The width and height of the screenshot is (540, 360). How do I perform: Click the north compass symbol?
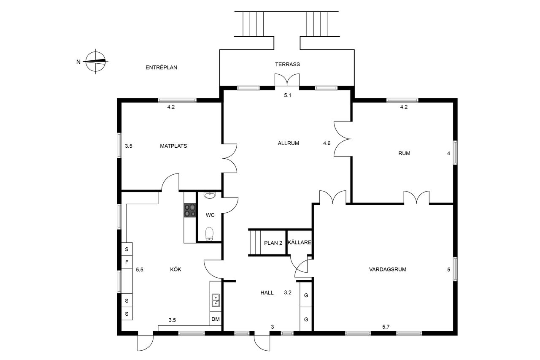pyautogui.click(x=96, y=62)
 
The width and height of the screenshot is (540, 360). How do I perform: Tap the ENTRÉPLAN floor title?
pyautogui.click(x=161, y=68)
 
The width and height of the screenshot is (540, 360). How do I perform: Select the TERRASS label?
pyautogui.click(x=288, y=65)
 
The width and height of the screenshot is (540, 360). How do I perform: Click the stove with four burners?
pyautogui.click(x=190, y=210)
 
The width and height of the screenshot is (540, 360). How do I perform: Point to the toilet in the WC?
pyautogui.click(x=210, y=234)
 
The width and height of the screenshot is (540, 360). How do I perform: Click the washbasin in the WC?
pyautogui.click(x=210, y=195)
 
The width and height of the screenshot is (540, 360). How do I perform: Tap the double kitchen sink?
pyautogui.click(x=216, y=300)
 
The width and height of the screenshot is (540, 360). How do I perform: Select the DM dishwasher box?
pyautogui.click(x=216, y=319)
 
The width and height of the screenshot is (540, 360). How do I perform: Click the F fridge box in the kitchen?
pyautogui.click(x=127, y=262)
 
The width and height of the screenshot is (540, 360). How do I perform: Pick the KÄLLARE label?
pyautogui.click(x=300, y=242)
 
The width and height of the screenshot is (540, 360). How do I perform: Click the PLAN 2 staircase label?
pyautogui.click(x=273, y=243)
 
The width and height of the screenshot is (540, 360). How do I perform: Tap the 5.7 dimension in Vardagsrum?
pyautogui.click(x=386, y=327)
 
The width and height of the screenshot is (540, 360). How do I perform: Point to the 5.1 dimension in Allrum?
pyautogui.click(x=288, y=95)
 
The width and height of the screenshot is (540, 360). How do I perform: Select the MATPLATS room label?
pyautogui.click(x=173, y=146)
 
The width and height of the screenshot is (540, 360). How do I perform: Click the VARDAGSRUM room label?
pyautogui.click(x=388, y=269)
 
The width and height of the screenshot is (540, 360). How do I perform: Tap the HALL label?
pyautogui.click(x=267, y=293)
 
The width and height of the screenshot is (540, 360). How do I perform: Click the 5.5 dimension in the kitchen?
pyautogui.click(x=140, y=270)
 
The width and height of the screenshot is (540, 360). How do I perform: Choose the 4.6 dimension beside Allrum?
pyautogui.click(x=327, y=143)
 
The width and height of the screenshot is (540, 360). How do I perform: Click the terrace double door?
pyautogui.click(x=287, y=80)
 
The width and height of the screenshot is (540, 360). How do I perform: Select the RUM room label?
pyautogui.click(x=404, y=153)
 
